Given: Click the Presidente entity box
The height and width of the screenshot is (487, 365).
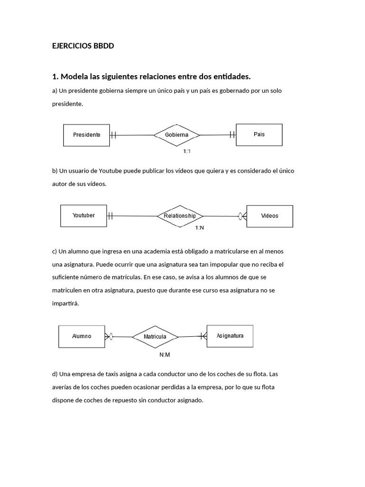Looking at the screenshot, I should click(x=86, y=135).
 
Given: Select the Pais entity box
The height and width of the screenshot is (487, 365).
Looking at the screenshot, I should click(x=259, y=135).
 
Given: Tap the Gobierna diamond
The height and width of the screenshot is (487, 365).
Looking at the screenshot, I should click(x=177, y=135).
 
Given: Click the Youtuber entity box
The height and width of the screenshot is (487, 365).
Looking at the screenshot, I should click(x=84, y=216).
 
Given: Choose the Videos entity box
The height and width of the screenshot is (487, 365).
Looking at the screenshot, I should click(x=269, y=216).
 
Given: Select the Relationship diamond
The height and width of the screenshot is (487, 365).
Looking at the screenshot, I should click(x=180, y=216).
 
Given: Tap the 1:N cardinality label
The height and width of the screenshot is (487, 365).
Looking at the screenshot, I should click(x=200, y=228).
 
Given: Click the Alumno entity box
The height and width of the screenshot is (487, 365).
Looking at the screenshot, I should click(x=82, y=336).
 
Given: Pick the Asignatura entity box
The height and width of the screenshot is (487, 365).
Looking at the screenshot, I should click(x=230, y=336).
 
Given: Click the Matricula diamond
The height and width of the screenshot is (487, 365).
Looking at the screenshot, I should click(x=155, y=337).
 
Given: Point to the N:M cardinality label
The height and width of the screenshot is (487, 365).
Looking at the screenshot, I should click(x=165, y=355).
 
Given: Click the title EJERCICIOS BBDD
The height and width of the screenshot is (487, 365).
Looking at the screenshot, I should click(x=83, y=46).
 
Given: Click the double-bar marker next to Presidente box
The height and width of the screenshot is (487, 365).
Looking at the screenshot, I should click(x=113, y=135).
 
